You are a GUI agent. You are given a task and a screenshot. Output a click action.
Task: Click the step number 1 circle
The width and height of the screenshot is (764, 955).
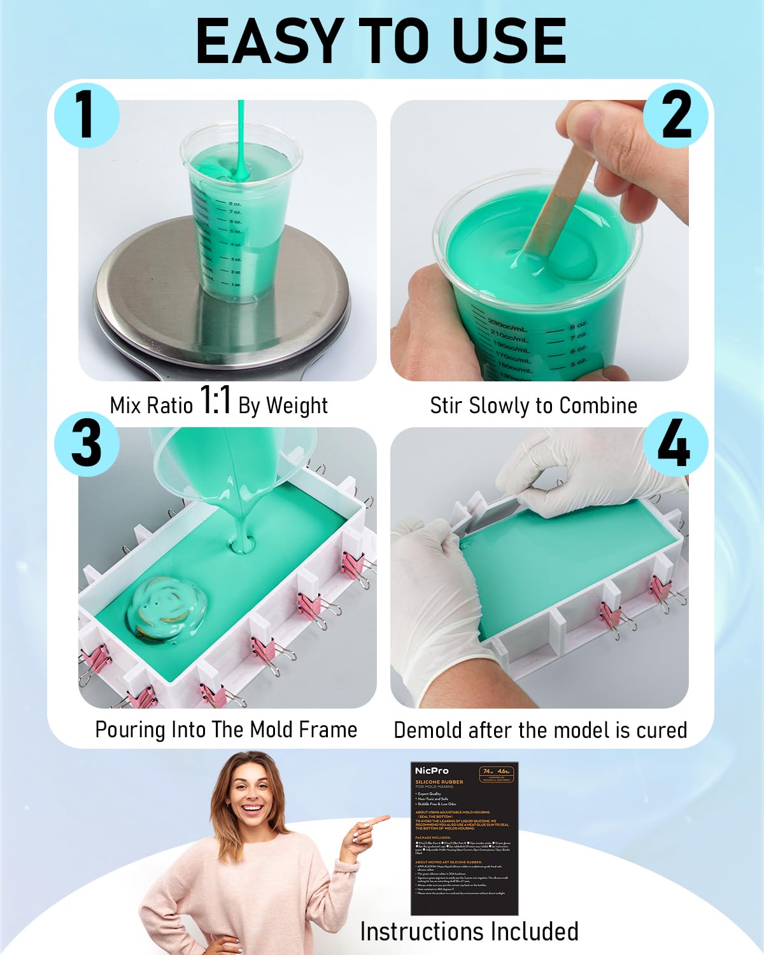[86, 115]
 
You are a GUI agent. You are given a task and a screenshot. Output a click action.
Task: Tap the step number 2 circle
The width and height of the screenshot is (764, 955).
[676, 115]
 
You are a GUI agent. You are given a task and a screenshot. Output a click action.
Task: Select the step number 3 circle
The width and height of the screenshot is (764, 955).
[86, 444]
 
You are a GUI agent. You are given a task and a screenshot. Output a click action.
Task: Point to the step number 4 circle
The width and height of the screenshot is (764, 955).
[676, 444]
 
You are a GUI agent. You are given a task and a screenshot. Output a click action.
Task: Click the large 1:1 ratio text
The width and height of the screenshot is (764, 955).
[215, 401]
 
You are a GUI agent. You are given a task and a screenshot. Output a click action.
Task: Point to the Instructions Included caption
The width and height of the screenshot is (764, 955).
[469, 931]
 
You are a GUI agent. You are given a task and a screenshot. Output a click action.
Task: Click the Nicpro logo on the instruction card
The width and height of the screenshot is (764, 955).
[432, 771]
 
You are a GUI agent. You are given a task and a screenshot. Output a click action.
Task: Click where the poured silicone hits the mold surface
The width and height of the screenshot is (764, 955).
[242, 546]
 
